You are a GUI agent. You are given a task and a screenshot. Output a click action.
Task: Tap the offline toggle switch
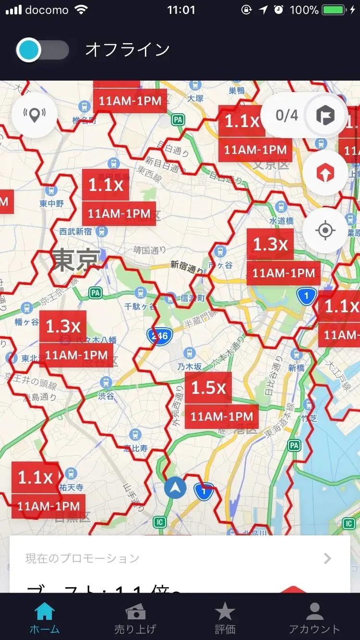[x=42, y=50]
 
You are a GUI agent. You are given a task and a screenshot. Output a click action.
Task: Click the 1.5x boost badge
[x=208, y=388]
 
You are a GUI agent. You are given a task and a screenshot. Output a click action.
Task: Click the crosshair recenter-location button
[x=325, y=230]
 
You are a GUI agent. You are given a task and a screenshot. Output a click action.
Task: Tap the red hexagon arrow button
[x=325, y=173]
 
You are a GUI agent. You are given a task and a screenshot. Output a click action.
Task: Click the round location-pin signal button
[x=34, y=115]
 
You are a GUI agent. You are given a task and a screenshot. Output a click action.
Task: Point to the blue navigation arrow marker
[x=175, y=488]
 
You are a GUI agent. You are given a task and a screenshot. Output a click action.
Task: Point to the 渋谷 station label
[x=106, y=396]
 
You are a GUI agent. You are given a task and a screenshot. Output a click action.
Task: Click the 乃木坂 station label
[x=190, y=366]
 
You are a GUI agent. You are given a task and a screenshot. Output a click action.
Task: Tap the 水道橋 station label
[x=281, y=221]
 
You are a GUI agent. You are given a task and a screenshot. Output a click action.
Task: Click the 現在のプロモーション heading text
[x=82, y=558]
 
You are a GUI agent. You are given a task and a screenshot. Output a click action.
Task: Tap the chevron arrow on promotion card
[x=327, y=558]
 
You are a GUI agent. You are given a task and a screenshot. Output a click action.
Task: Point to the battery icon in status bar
[x=336, y=10]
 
